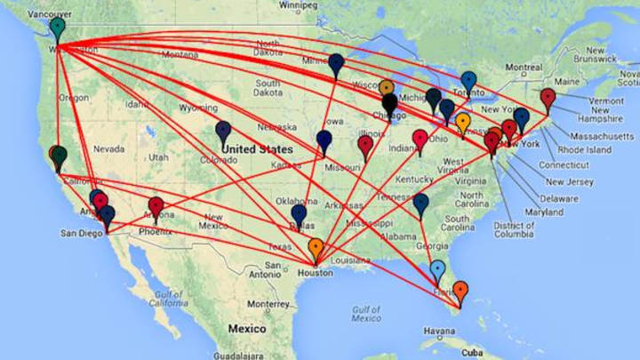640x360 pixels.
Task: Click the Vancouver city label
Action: click(50, 15)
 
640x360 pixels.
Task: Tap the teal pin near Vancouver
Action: click(58, 28)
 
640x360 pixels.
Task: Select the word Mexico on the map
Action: click(246, 328)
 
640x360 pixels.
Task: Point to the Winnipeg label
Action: click(298, 4)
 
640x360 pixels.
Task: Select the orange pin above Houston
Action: click(316, 248)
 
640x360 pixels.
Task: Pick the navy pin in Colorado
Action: click(223, 131)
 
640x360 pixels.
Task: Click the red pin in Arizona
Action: click(156, 207)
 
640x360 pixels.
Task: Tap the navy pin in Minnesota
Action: click(336, 63)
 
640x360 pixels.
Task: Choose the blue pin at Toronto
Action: click(468, 81)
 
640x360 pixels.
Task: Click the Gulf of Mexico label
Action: click(366, 313)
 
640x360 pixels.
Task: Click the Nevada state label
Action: click(108, 148)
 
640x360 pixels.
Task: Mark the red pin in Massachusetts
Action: click(548, 97)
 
